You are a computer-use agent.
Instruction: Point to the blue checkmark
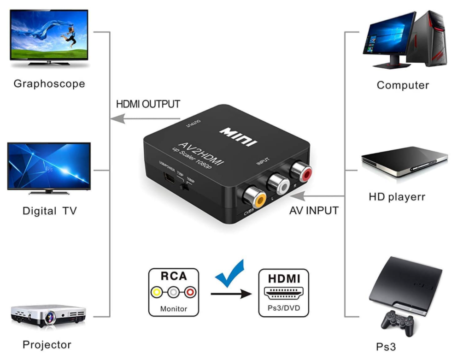click(230, 275)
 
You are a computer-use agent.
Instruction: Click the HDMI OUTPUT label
click(148, 104)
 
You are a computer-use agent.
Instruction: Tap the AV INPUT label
click(314, 211)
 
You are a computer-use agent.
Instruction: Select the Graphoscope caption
click(49, 84)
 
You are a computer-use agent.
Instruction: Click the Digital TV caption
click(50, 211)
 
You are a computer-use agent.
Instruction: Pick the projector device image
click(48, 315)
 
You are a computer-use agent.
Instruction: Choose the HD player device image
click(404, 161)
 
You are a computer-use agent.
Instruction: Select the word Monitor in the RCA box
click(174, 308)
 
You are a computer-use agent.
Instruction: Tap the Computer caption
click(403, 85)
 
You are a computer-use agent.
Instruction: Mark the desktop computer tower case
click(428, 39)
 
